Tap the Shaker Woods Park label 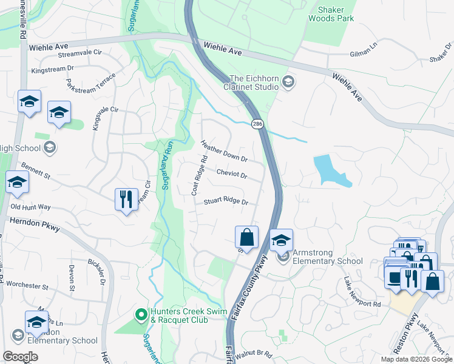coord(337,14)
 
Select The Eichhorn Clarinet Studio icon coord(288,81)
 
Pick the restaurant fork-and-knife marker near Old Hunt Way coord(126,199)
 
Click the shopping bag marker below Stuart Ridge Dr coord(246,237)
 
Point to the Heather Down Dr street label coord(224,151)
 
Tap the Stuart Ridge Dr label coord(226,201)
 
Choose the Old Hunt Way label coord(30,207)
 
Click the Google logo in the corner coord(21,356)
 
